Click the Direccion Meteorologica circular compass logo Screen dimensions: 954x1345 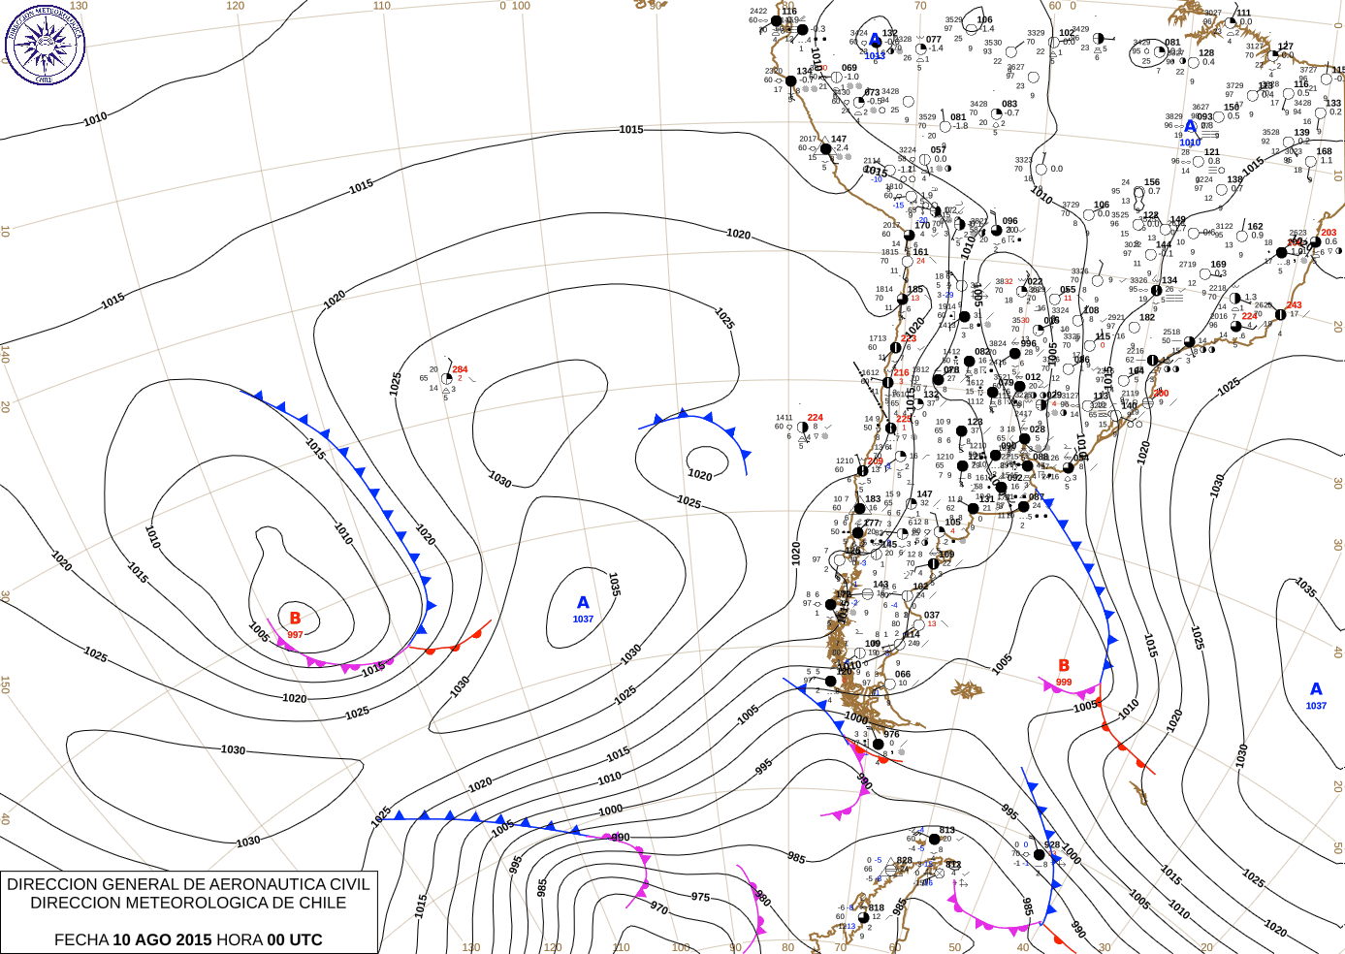click(45, 44)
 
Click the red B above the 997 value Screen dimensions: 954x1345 click(295, 619)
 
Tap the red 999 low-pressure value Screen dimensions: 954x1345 click(1064, 683)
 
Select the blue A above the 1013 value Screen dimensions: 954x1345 click(876, 41)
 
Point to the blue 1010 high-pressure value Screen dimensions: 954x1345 click(1190, 143)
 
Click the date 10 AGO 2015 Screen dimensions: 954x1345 click(162, 939)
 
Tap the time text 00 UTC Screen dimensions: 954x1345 click(295, 939)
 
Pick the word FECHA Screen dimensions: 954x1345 click(81, 939)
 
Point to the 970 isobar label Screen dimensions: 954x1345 click(659, 908)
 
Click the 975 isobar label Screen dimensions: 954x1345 click(700, 898)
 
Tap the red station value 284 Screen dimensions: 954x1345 click(460, 369)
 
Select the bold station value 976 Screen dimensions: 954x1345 click(891, 734)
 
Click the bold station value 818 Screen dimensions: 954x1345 click(876, 907)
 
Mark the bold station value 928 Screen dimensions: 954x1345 click(1052, 844)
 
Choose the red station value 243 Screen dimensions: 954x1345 click(1294, 305)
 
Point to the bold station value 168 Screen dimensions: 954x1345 click(1324, 151)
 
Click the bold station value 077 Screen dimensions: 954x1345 click(933, 40)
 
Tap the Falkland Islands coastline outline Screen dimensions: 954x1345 click(966, 689)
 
